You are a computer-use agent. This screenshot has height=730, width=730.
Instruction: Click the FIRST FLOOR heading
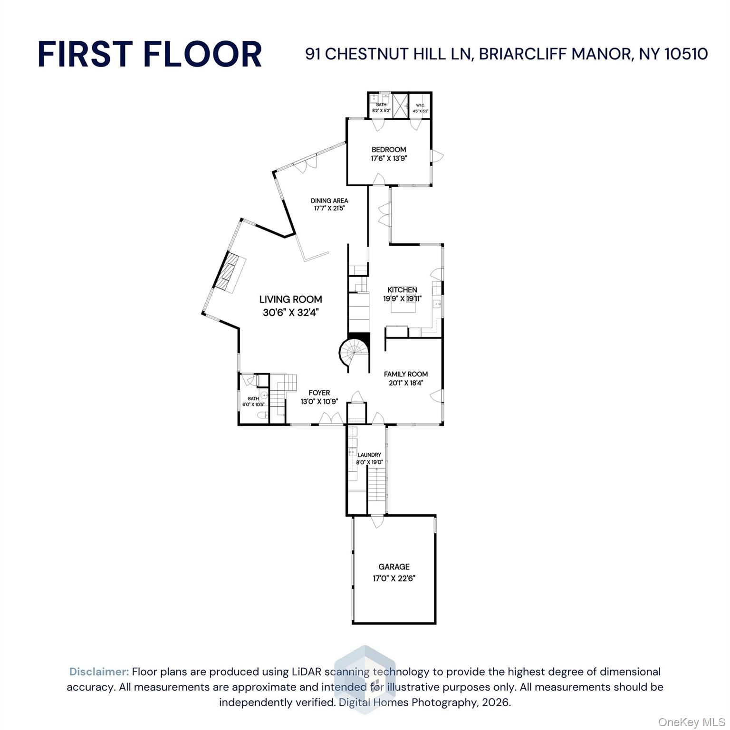[x=150, y=54]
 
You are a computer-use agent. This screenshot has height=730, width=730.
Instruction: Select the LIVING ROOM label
[x=290, y=299]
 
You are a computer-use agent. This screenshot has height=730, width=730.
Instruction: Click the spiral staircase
[x=354, y=353]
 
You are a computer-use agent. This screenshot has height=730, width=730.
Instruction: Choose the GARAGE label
[x=394, y=567]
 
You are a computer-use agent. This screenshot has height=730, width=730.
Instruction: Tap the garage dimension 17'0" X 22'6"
[x=394, y=578]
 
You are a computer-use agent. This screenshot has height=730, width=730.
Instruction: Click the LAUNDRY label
[x=369, y=455]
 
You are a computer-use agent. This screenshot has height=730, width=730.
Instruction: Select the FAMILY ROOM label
[x=405, y=374]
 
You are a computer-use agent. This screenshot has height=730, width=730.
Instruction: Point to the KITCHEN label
[x=402, y=289]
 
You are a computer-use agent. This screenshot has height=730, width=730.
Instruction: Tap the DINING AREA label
[x=329, y=201]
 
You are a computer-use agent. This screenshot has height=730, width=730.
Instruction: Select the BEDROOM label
[x=389, y=150]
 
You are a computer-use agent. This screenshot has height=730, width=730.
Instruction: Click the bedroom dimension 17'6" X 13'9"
[x=389, y=159]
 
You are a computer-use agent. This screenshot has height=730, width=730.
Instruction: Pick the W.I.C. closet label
[x=420, y=105]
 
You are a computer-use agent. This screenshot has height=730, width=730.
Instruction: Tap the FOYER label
[x=319, y=393]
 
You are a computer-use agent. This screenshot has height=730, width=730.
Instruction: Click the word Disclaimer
[x=99, y=672]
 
